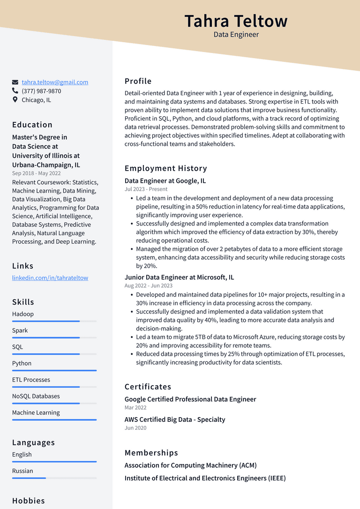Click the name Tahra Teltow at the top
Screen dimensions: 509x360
pos(236,21)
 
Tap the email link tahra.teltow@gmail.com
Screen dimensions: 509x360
pos(55,82)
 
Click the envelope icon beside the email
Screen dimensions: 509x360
pos(15,82)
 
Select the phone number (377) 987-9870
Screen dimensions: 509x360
pos(41,91)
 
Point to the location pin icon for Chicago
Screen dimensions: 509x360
pos(15,100)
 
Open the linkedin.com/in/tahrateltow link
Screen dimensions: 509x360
pos(50,277)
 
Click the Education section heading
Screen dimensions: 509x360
pos(32,125)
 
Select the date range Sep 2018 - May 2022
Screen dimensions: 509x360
pos(36,173)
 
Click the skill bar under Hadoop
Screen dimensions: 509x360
pos(54,321)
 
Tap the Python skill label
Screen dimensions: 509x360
pos(22,363)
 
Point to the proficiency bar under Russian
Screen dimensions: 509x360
pos(54,478)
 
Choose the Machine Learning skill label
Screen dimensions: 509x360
pos(36,412)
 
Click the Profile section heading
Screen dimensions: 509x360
pos(138,81)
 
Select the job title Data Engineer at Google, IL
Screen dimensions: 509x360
pos(165,180)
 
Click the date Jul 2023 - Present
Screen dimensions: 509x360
pos(146,189)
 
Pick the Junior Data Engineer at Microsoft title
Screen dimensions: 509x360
pos(179,277)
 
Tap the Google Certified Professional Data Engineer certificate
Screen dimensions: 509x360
pos(190,399)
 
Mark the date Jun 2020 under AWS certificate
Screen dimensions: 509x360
pos(135,428)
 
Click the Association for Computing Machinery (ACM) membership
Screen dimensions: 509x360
pos(190,465)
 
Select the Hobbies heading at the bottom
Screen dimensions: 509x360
pos(29,501)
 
